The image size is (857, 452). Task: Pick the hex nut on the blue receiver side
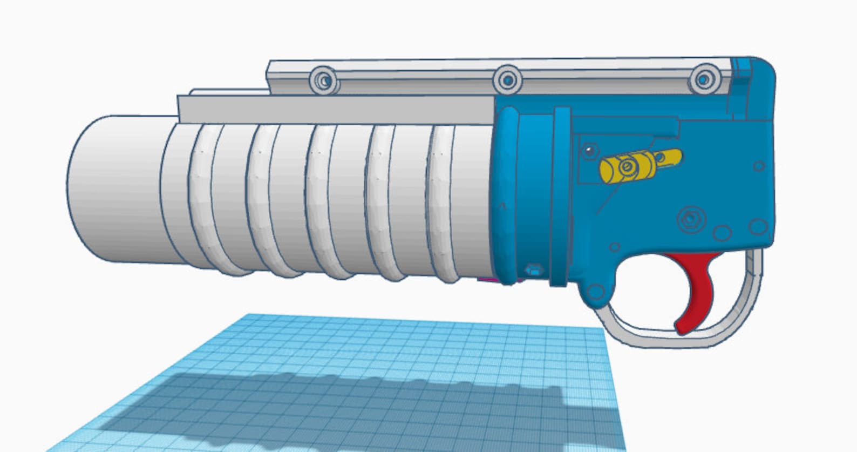click(x=689, y=219)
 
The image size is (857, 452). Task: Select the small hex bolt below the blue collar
click(x=533, y=268)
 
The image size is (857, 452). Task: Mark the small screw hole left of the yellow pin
click(x=589, y=150)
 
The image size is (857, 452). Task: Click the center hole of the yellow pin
click(x=627, y=168)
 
